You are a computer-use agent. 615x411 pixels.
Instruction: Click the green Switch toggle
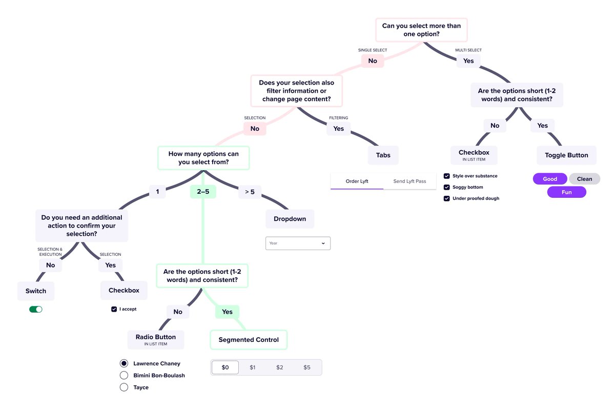pyautogui.click(x=36, y=309)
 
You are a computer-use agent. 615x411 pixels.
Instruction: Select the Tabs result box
pyautogui.click(x=383, y=155)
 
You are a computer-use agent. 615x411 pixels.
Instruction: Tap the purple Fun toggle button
pyautogui.click(x=566, y=192)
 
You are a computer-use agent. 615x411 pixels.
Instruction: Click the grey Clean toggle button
pyautogui.click(x=584, y=179)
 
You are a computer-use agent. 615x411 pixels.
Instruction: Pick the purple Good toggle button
pyautogui.click(x=550, y=179)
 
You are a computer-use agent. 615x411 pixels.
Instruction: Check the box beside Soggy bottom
pyautogui.click(x=446, y=187)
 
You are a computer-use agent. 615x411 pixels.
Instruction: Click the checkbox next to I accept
pyautogui.click(x=114, y=309)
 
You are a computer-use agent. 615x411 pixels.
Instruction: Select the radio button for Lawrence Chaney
pyautogui.click(x=124, y=363)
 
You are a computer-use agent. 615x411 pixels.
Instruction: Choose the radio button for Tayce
pyautogui.click(x=124, y=387)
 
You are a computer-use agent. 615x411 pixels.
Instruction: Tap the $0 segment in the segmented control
pyautogui.click(x=225, y=367)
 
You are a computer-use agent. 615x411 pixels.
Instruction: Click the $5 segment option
pyautogui.click(x=306, y=367)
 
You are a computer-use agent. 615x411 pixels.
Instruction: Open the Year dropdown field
pyautogui.click(x=298, y=243)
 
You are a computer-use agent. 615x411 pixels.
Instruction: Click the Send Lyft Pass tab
pyautogui.click(x=409, y=181)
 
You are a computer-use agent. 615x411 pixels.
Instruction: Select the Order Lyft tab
pyautogui.click(x=357, y=181)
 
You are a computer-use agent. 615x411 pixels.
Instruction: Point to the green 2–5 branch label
pyautogui.click(x=203, y=192)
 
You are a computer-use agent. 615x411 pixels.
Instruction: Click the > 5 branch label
pyautogui.click(x=250, y=192)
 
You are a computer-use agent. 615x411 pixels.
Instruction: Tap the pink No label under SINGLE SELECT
pyautogui.click(x=373, y=61)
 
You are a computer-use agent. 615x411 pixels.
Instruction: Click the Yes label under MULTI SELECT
pyautogui.click(x=468, y=61)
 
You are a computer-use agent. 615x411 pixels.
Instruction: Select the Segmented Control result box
pyautogui.click(x=249, y=340)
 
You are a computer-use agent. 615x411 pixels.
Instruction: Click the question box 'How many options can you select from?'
pyautogui.click(x=203, y=158)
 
